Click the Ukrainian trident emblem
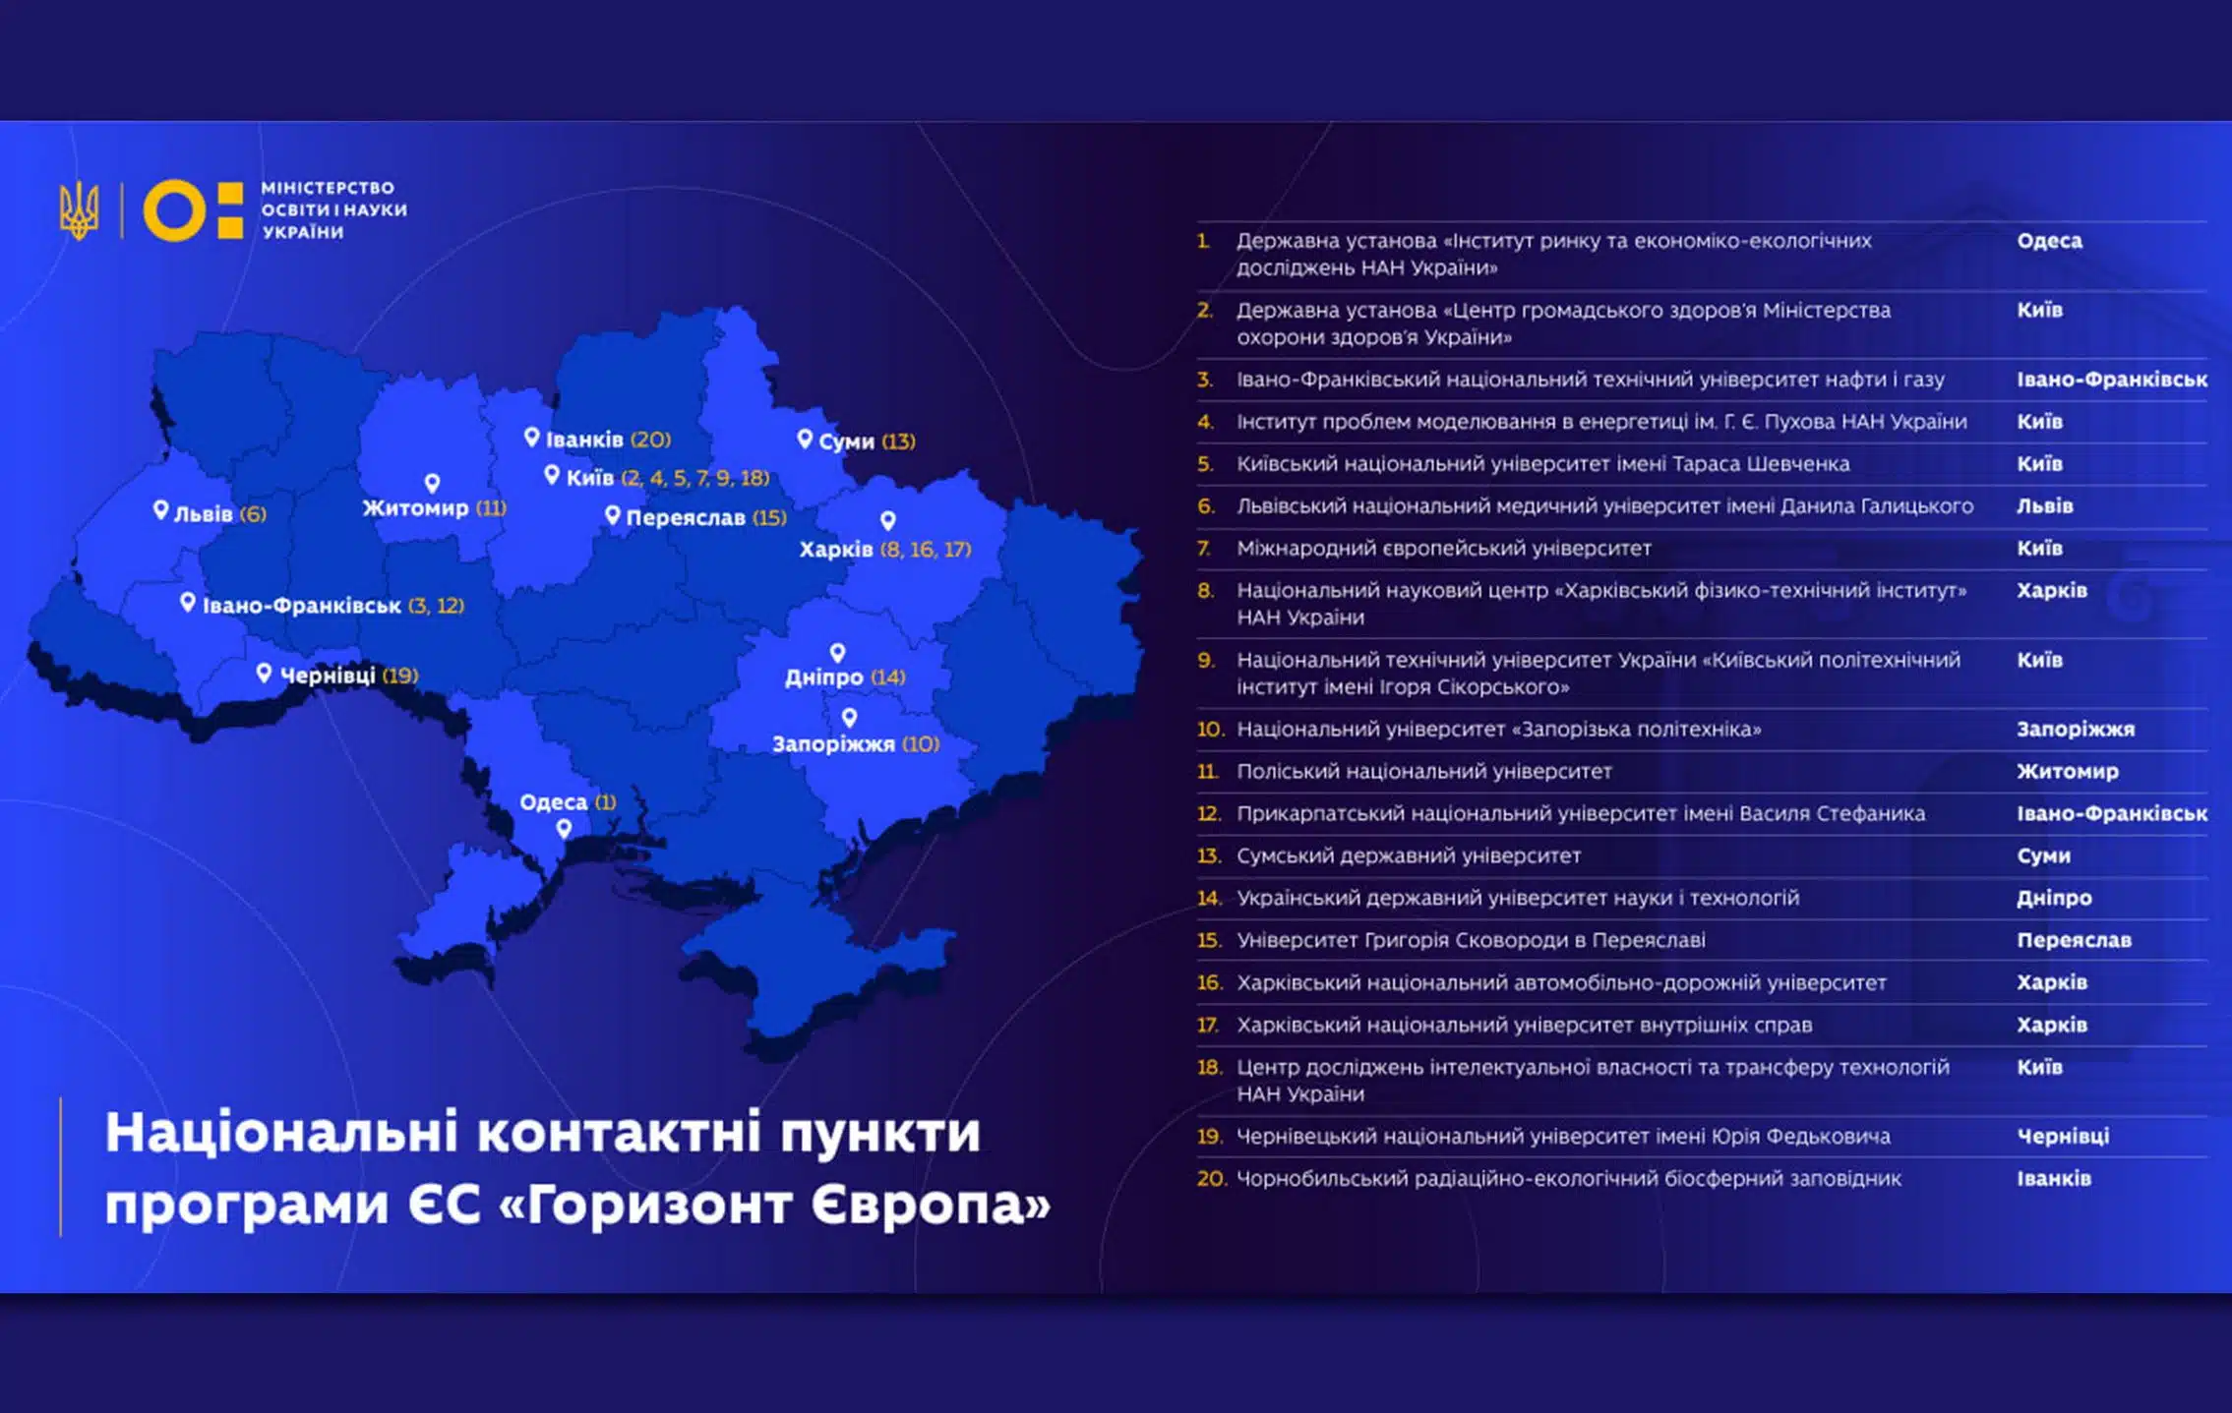[79, 209]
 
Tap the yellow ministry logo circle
[175, 209]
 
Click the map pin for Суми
[805, 439]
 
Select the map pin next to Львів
[160, 509]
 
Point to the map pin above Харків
[887, 519]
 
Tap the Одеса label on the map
[553, 802]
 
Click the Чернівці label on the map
[328, 676]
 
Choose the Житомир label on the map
[415, 508]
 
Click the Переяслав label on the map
[686, 518]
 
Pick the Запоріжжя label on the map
[833, 744]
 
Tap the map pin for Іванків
[531, 437]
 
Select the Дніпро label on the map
[823, 677]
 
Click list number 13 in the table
[1208, 856]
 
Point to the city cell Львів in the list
[2044, 506]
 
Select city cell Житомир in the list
[2067, 772]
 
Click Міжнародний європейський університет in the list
[1443, 549]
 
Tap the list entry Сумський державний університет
[1408, 856]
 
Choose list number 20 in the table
[1211, 1179]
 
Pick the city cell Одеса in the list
[2049, 241]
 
